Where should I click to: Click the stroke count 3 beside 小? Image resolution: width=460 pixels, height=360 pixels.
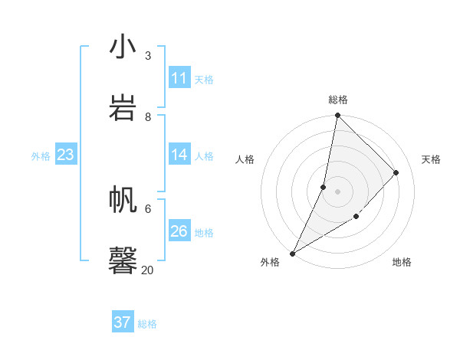click(148, 56)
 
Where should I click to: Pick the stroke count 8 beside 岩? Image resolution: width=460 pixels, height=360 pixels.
click(148, 116)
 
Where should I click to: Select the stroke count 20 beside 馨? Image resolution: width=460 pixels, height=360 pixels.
click(147, 270)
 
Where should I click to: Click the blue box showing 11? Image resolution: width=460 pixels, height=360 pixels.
click(179, 78)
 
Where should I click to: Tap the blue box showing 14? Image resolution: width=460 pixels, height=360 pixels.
click(179, 155)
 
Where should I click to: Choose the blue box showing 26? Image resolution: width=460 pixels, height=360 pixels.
click(179, 231)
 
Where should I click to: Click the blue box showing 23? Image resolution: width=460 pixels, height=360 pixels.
click(66, 155)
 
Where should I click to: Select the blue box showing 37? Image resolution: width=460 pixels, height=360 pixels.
click(123, 322)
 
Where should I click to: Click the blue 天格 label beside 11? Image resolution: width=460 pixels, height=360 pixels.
click(204, 79)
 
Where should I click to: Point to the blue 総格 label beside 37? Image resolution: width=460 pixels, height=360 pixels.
click(147, 323)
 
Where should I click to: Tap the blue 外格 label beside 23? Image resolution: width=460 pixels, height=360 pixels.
click(41, 155)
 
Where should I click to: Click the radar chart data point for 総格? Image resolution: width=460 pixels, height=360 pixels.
click(337, 116)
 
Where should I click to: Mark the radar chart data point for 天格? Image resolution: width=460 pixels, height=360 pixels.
click(396, 172)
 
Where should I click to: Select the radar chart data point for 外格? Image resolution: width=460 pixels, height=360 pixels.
click(292, 254)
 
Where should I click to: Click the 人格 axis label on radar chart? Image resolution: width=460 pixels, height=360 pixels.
click(245, 159)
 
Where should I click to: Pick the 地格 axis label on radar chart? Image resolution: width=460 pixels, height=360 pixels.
click(402, 262)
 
